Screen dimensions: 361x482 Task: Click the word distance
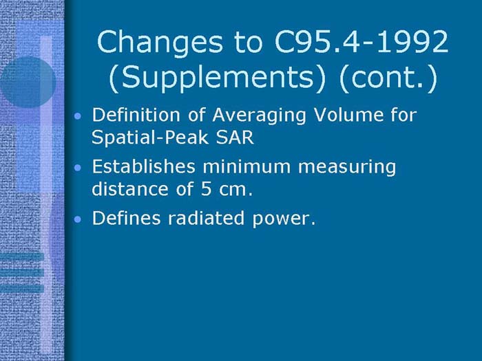pos(125,188)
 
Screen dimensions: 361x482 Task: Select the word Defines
pos(119,219)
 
